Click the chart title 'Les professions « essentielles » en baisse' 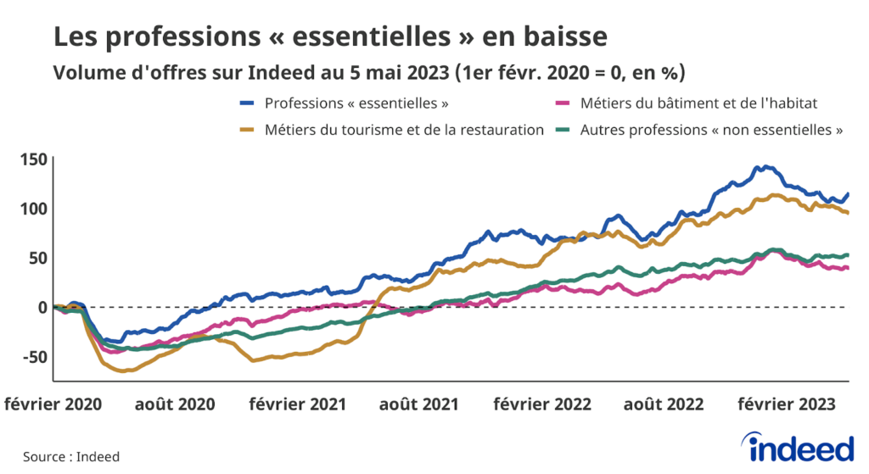(x=330, y=37)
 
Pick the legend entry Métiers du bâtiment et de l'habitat (x=687, y=103)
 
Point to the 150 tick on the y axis (x=31, y=159)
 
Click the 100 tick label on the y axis (x=31, y=209)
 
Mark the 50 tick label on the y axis (x=36, y=258)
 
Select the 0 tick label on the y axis (x=40, y=307)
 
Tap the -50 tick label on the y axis (x=32, y=356)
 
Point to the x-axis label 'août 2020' (x=177, y=404)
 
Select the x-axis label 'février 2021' (x=298, y=404)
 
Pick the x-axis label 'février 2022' (x=543, y=404)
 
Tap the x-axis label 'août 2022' (x=664, y=404)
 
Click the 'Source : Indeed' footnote (x=71, y=456)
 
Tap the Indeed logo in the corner (x=796, y=447)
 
